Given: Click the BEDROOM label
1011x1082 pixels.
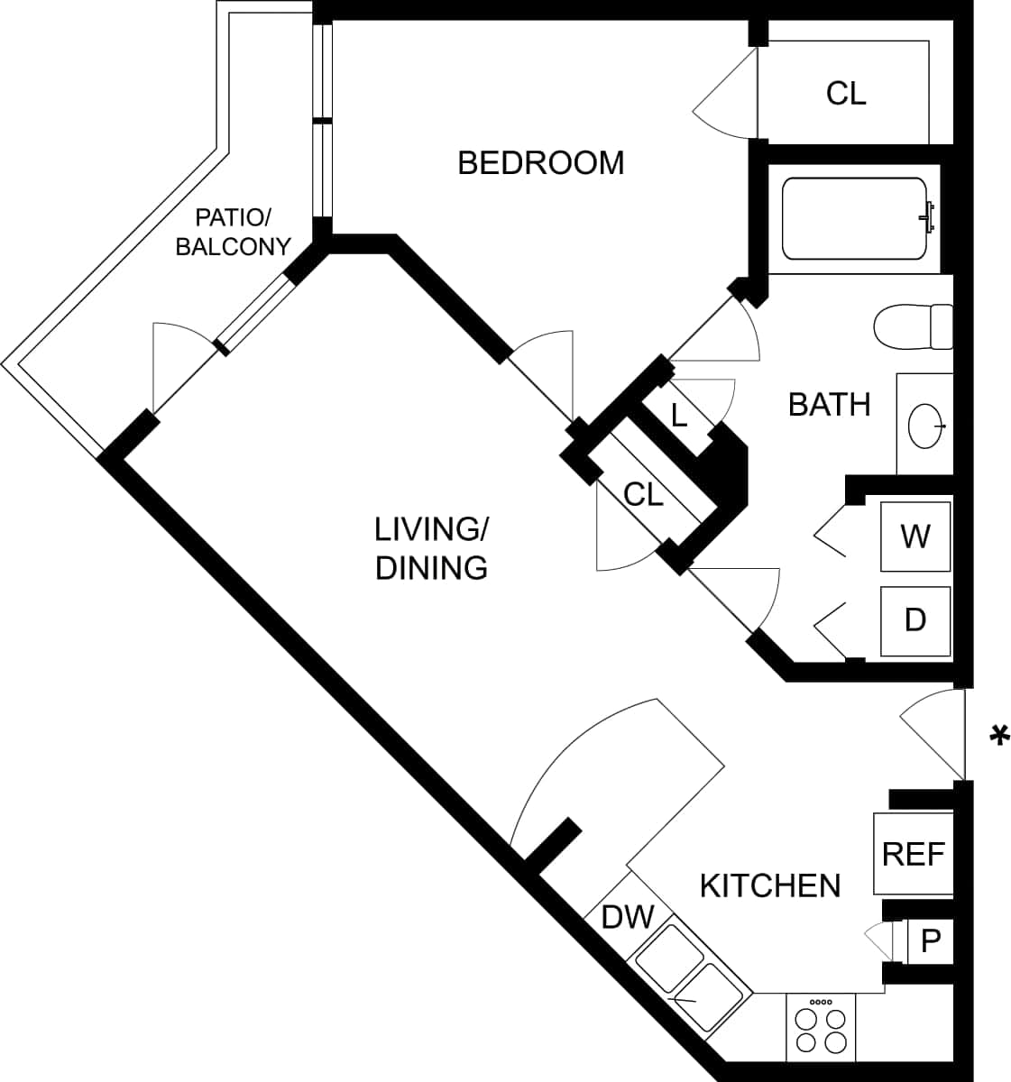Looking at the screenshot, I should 540,163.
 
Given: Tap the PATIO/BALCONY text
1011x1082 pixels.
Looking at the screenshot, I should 233,232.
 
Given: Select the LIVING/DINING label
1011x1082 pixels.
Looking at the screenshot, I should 431,548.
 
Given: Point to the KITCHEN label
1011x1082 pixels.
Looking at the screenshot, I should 769,885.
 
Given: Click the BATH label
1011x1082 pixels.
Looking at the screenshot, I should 829,405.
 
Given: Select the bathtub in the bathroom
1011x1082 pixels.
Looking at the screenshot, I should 854,218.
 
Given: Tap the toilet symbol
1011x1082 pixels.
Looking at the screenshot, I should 913,326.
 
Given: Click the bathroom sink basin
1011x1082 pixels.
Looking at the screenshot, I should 926,425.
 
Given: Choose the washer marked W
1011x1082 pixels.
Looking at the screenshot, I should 915,536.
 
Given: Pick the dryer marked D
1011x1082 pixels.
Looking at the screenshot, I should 915,620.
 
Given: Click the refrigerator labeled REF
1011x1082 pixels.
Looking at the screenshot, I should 913,854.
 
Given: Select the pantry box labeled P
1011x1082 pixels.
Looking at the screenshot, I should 931,941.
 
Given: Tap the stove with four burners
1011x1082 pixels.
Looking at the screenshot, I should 823,1029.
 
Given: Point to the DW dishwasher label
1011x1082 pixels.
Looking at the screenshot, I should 627,917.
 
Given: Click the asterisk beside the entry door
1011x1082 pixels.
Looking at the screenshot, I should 998,735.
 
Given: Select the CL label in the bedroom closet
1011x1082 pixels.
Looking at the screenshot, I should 845,93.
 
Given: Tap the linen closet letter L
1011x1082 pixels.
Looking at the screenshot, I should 679,416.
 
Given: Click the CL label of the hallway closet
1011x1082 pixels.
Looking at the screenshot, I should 644,493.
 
